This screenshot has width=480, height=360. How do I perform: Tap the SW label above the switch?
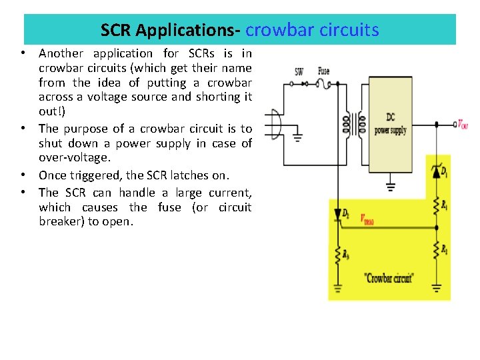(299, 71)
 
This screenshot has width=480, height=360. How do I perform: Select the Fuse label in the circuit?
(323, 71)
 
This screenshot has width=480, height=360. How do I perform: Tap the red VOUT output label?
(462, 124)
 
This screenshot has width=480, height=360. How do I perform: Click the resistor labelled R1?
(437, 203)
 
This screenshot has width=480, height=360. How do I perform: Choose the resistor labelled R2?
(437, 249)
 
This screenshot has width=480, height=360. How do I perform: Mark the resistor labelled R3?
(338, 253)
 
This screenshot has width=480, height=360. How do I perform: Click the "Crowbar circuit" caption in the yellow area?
(389, 278)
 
